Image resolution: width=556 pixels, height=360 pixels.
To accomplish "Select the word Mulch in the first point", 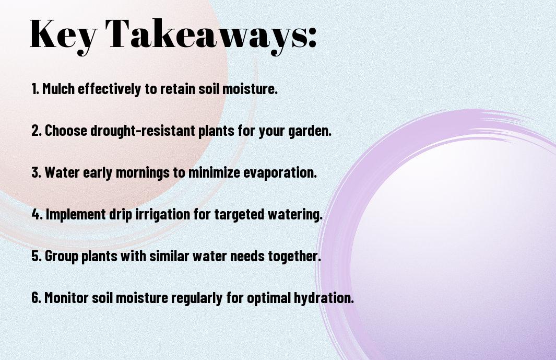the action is (x=58, y=88).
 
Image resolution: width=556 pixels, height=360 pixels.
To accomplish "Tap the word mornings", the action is (x=143, y=173).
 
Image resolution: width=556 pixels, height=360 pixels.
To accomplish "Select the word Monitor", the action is (x=66, y=298).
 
